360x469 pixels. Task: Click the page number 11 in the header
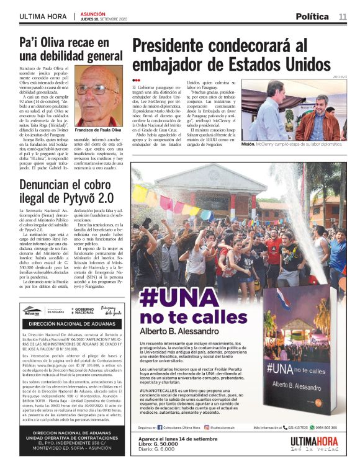[x=343, y=17]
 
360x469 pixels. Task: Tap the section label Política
[x=312, y=17]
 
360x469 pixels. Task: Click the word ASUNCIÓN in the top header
[x=92, y=13]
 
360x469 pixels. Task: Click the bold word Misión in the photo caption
[x=248, y=144]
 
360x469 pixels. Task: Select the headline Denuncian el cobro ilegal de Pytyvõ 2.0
[x=67, y=192]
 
